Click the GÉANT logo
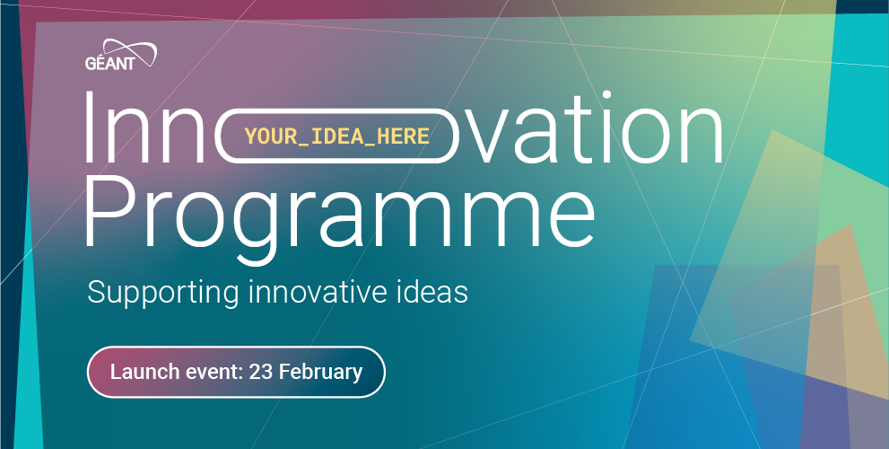pos(121,55)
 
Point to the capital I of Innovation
pos(89,127)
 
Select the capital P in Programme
pos(108,211)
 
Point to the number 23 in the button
pos(261,372)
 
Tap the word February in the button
pos(320,373)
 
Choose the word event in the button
pos(211,373)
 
